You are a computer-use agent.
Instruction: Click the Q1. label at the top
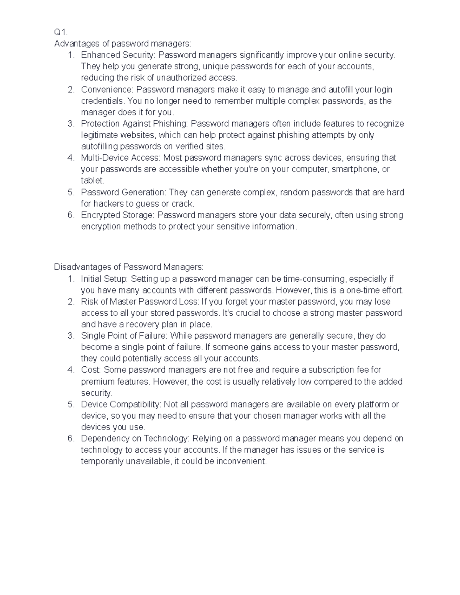click(x=61, y=33)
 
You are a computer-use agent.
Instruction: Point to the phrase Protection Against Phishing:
click(x=135, y=124)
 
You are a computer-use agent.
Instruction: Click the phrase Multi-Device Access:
click(x=121, y=158)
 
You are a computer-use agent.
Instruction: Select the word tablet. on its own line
click(x=92, y=180)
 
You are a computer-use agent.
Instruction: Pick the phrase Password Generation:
click(x=123, y=192)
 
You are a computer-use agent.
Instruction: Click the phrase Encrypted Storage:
click(x=118, y=215)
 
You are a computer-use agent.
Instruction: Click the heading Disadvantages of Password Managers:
click(x=129, y=267)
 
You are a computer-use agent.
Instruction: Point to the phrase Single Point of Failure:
click(x=124, y=336)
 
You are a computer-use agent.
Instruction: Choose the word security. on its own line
click(x=97, y=393)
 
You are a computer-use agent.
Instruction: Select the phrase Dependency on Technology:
click(x=135, y=438)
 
